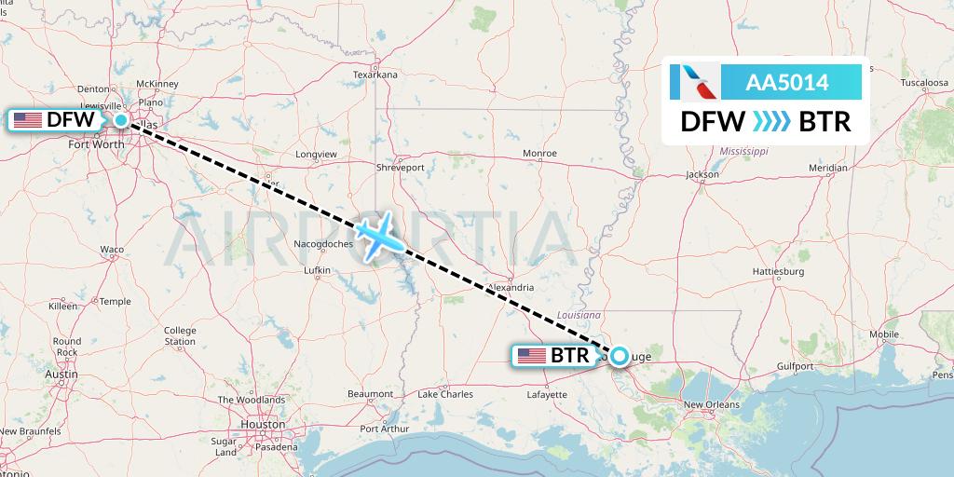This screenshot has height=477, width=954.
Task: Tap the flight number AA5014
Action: coord(787,83)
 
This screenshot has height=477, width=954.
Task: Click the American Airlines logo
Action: coord(694,82)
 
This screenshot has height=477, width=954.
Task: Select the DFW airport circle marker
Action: coord(122,119)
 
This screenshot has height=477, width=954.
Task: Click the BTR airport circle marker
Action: coord(619,354)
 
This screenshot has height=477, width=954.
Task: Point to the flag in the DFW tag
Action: coord(28,119)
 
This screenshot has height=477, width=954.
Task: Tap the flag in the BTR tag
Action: coord(531,355)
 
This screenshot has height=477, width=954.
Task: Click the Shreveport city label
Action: coord(401,168)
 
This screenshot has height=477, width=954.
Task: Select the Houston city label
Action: coord(262,424)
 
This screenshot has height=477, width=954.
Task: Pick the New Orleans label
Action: coord(712,404)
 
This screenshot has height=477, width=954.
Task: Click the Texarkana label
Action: coord(375,75)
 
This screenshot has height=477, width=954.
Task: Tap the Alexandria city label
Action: coord(511,288)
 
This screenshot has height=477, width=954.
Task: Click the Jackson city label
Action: coord(702,174)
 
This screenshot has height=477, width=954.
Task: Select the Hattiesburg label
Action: coord(777,271)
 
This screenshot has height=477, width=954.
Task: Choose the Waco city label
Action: coord(112,250)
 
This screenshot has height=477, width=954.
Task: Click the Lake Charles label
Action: coord(444,394)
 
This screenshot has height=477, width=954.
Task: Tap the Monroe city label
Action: coord(539,153)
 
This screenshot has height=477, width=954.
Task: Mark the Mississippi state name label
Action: coord(743,151)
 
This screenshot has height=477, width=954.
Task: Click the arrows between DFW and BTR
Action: coord(771,122)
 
